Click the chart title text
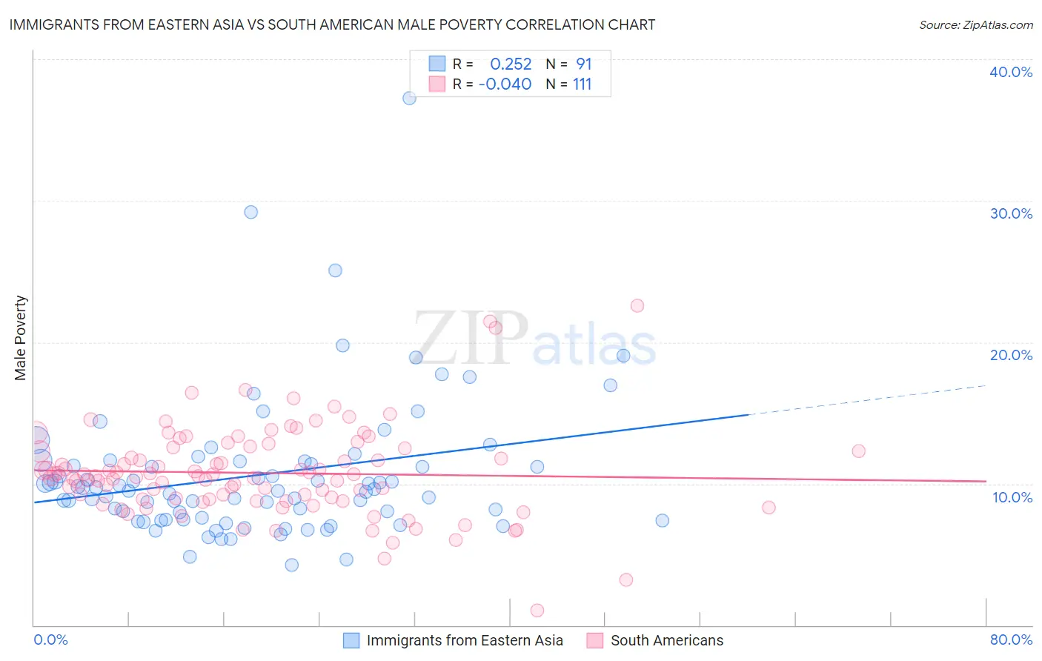pyautogui.click(x=332, y=24)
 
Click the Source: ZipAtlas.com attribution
pyautogui.click(x=975, y=24)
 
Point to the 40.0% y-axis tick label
pyautogui.click(x=1011, y=72)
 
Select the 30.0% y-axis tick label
pyautogui.click(x=1011, y=213)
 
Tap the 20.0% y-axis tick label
pyautogui.click(x=1011, y=355)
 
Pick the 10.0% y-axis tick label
pyautogui.click(x=1012, y=497)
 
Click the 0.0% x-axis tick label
pyautogui.click(x=50, y=640)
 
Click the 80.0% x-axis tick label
pyautogui.click(x=1011, y=640)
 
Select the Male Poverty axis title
pyautogui.click(x=21, y=338)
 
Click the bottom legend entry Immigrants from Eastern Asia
pyautogui.click(x=465, y=640)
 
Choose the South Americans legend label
pyautogui.click(x=666, y=640)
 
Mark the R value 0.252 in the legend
pyautogui.click(x=511, y=64)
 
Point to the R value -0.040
pyautogui.click(x=505, y=84)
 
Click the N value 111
pyautogui.click(x=582, y=84)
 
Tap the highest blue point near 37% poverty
pyautogui.click(x=409, y=98)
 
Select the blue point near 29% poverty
pyautogui.click(x=251, y=212)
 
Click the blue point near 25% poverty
pyautogui.click(x=335, y=270)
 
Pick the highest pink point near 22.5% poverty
pyautogui.click(x=637, y=305)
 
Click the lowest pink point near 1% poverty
pyautogui.click(x=537, y=611)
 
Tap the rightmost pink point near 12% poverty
pyautogui.click(x=858, y=451)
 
